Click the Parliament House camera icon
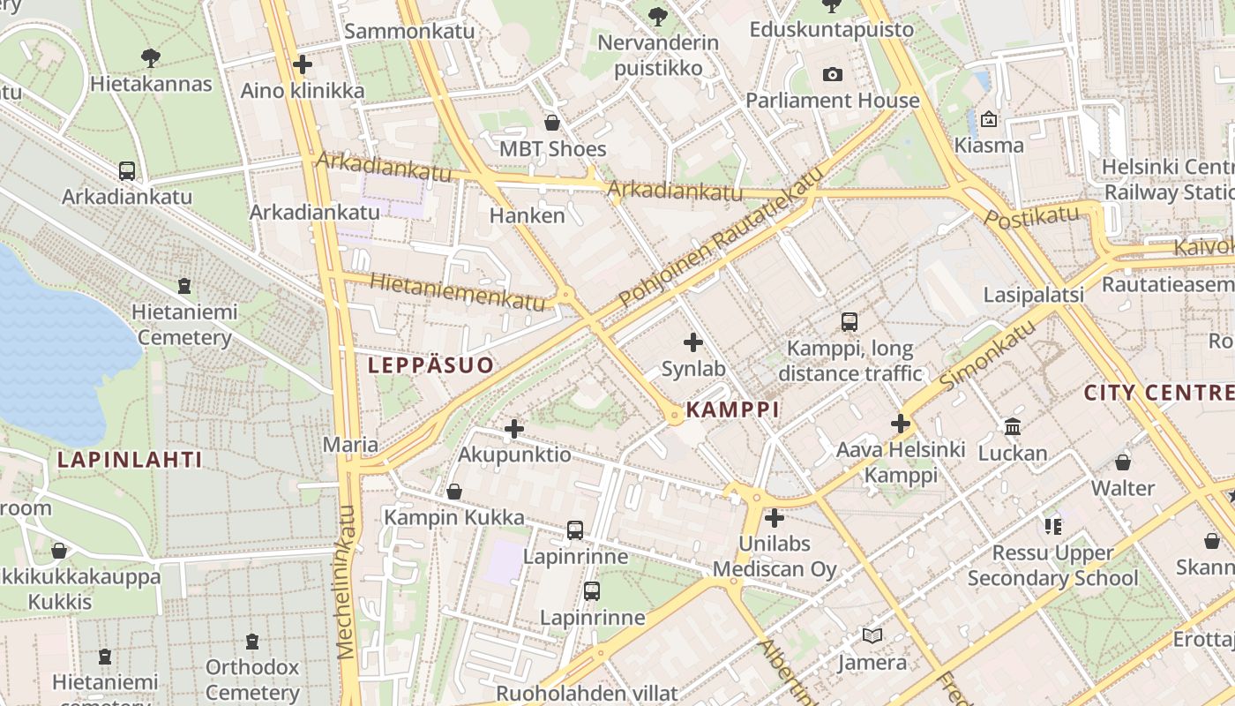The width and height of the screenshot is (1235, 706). click(x=832, y=75)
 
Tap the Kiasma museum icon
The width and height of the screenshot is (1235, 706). click(x=989, y=119)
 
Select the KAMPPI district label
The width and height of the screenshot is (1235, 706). click(x=732, y=409)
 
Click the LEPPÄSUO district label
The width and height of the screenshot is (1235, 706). click(x=430, y=365)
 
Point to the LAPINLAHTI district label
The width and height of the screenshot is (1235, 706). click(x=130, y=460)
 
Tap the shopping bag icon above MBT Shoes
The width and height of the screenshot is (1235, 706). click(x=552, y=123)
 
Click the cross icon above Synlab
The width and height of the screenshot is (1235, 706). click(x=693, y=342)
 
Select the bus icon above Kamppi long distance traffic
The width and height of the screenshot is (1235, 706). click(x=850, y=322)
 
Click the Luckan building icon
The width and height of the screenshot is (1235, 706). click(x=1013, y=428)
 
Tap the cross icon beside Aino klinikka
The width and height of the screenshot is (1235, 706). click(x=303, y=64)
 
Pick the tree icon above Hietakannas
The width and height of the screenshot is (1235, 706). click(x=151, y=58)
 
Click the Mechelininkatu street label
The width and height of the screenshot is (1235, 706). click(x=346, y=582)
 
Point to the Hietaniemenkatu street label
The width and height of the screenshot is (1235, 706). click(x=458, y=290)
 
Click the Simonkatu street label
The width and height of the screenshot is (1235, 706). click(x=987, y=355)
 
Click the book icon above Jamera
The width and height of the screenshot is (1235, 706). click(x=872, y=635)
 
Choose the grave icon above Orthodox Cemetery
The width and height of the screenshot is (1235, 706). click(x=252, y=642)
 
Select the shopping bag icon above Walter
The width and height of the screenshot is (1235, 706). click(x=1123, y=462)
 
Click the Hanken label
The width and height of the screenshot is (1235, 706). click(x=527, y=215)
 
